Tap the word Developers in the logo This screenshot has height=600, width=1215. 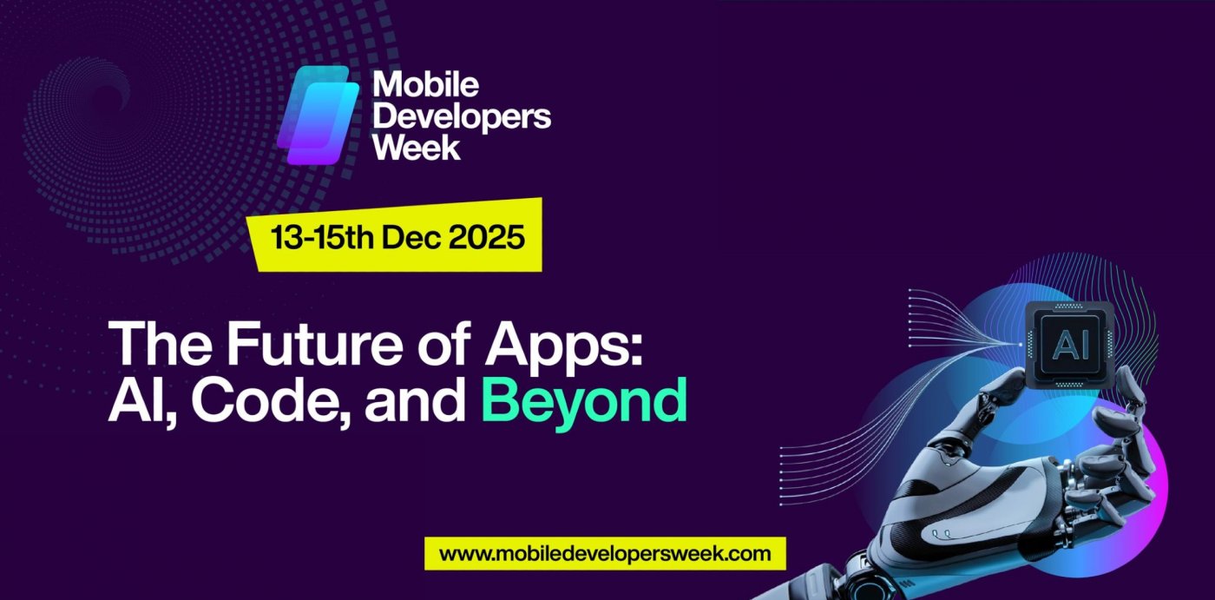[461, 116]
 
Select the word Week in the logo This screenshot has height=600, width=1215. [417, 147]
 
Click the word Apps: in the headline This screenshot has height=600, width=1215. [576, 343]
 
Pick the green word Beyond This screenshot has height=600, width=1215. [583, 401]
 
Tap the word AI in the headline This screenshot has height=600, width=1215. [140, 401]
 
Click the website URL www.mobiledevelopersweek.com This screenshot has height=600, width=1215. [605, 553]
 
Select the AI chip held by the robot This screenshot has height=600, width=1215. [1066, 344]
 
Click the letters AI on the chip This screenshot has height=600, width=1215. [1067, 344]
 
